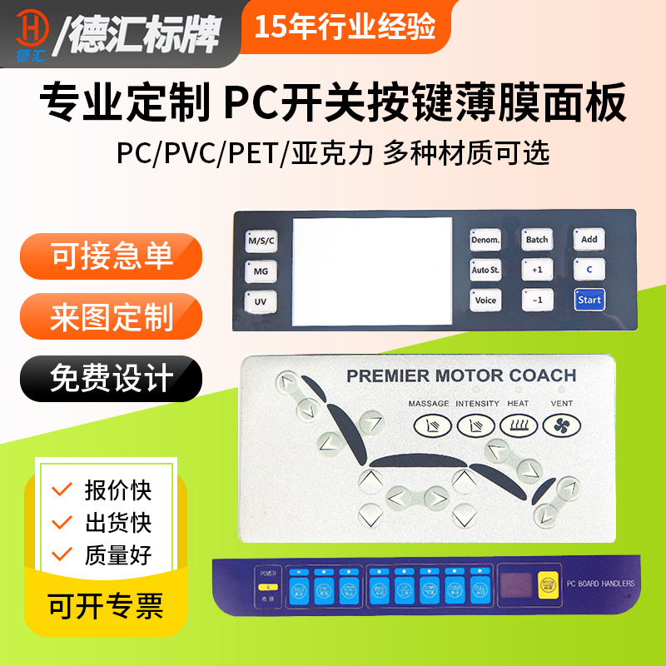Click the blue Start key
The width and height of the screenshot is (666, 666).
pos(589,300)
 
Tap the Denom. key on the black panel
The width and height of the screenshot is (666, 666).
pos(485,240)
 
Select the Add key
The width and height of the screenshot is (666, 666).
pos(589,240)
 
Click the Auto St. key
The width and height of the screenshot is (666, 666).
pos(485,270)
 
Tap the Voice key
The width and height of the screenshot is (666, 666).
pos(485,300)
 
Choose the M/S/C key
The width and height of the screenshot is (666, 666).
pos(260,241)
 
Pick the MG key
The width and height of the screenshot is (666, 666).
pos(260,271)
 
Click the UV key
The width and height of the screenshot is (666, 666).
pos(260,301)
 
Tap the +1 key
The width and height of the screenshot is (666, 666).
pos(537,270)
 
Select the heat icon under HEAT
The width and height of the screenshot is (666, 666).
pos(517,425)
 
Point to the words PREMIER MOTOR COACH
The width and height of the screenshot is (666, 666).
pos(461,375)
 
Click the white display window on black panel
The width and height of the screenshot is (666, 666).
pos(372,271)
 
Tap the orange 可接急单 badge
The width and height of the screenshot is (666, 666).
pos(111,256)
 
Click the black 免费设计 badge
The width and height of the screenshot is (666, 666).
pos(111,379)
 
